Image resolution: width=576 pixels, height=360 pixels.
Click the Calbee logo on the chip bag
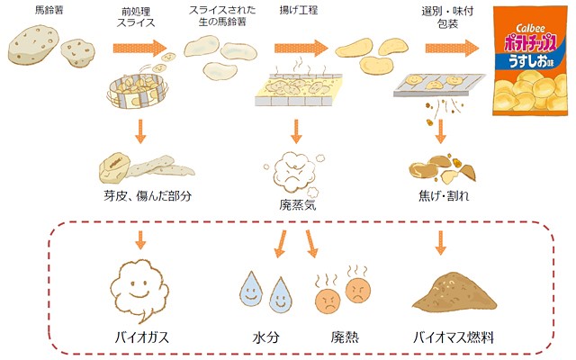point(530,28)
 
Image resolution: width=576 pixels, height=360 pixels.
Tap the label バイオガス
point(142,337)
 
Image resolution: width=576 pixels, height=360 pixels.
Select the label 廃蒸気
point(298,205)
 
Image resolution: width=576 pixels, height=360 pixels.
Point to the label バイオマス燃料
point(454,337)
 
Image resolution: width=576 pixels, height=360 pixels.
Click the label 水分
point(266,337)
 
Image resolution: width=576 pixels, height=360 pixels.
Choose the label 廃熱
point(345,337)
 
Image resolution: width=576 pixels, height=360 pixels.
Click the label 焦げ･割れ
point(444,196)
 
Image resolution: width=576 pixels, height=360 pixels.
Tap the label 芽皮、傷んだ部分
point(148,196)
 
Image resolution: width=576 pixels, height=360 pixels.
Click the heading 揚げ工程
point(298,10)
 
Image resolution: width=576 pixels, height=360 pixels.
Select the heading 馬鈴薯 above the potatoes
point(49,10)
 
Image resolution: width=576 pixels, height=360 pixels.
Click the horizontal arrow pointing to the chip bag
point(452,48)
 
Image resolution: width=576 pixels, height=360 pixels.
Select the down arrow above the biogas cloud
point(140,240)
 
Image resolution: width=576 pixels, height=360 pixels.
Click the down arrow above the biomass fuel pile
point(440,243)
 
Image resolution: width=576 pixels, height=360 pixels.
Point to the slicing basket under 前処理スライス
point(138,92)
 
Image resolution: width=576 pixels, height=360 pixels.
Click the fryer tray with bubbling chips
point(298,88)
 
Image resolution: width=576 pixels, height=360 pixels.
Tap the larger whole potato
point(33,45)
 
